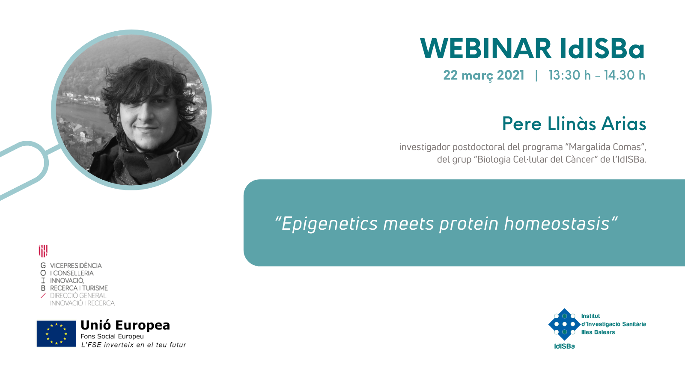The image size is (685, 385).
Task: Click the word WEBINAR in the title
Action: pos(485,48)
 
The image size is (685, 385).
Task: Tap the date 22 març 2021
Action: pos(484,75)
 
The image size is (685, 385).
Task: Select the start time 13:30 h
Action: pos(569,75)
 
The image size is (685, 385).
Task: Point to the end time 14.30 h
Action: pos(625,75)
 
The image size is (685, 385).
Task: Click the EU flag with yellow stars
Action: pos(56,334)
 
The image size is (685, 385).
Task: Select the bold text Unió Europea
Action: pos(125,325)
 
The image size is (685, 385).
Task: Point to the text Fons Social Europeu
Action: pos(112,336)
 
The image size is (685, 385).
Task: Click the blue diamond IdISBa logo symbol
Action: pos(565,324)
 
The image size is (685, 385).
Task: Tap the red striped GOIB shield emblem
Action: pos(43,251)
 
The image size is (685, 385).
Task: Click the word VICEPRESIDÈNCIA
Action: pos(76,266)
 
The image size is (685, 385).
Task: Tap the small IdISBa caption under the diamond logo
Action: pos(565,346)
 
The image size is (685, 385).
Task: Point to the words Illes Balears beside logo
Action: pos(598,332)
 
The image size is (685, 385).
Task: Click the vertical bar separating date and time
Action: pos(536,75)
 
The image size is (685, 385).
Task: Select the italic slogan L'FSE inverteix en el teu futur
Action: pos(133,345)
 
